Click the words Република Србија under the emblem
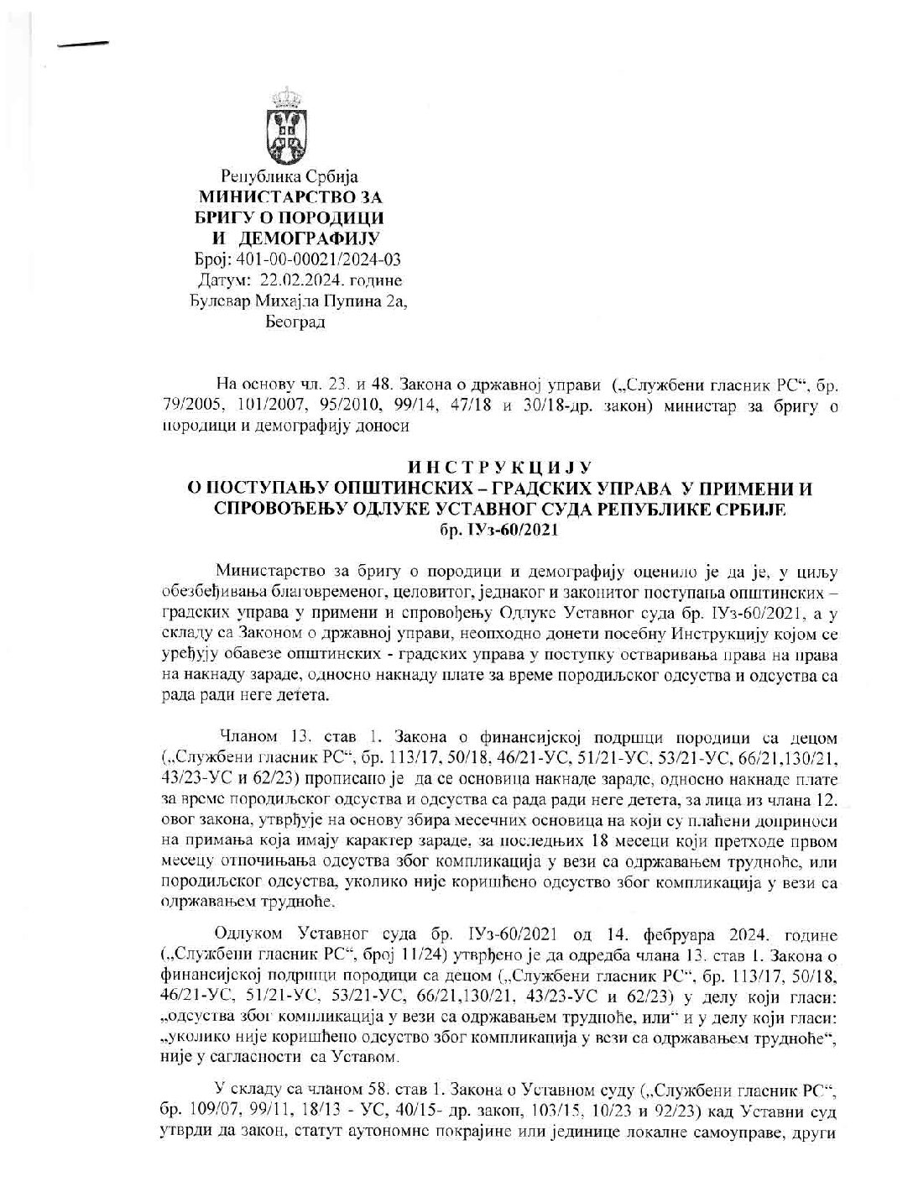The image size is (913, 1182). [x=289, y=177]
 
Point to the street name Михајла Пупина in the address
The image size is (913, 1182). [x=307, y=300]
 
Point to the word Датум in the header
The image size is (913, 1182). [x=221, y=280]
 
